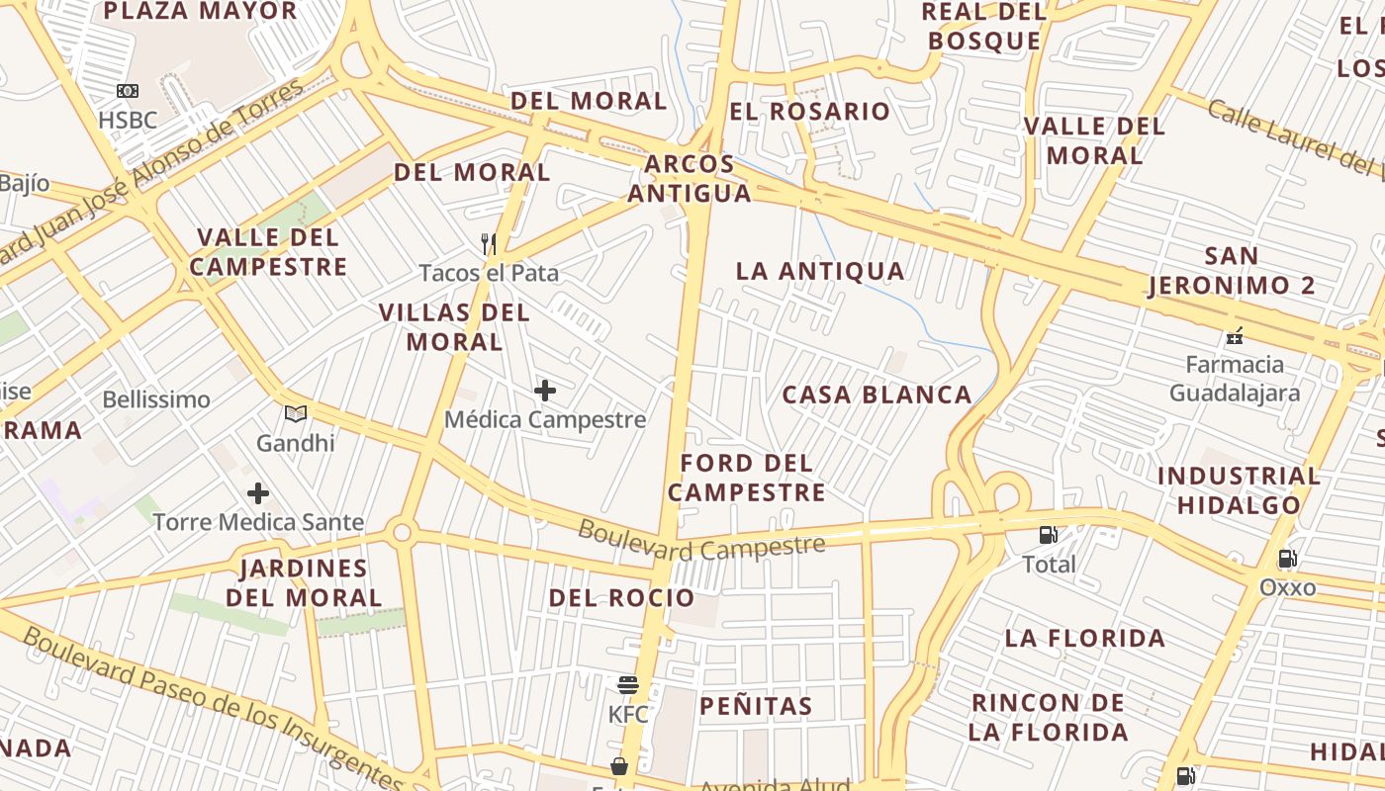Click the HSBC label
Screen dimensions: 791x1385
[128, 121]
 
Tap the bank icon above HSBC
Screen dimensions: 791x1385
[128, 91]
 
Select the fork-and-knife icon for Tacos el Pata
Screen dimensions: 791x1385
[488, 242]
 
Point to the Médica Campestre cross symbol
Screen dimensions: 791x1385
[544, 391]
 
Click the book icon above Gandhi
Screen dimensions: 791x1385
[296, 413]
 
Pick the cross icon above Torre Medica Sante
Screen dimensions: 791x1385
[258, 492]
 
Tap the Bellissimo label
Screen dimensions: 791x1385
[156, 399]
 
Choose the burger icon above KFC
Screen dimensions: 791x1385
[627, 684]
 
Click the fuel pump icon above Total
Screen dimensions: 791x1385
[1048, 535]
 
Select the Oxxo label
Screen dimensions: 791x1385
[1287, 588]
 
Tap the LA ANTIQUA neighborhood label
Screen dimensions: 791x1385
[820, 271]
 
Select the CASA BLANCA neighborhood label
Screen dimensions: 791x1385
[877, 395]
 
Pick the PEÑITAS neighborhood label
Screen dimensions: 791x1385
[756, 706]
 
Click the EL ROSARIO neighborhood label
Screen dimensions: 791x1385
[809, 111]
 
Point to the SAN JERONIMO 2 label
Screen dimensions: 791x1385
[1232, 271]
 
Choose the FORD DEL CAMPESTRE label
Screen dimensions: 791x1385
[747, 478]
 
